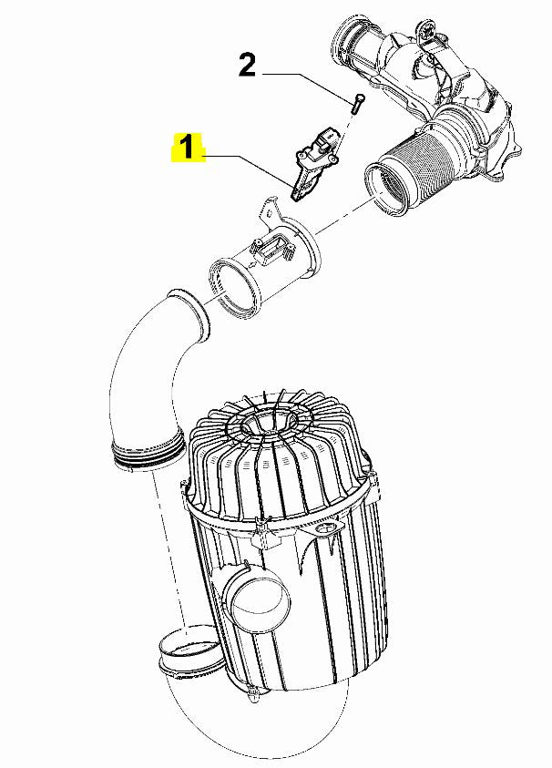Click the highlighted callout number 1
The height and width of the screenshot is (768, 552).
[186, 148]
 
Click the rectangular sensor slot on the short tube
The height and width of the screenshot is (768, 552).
[274, 246]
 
